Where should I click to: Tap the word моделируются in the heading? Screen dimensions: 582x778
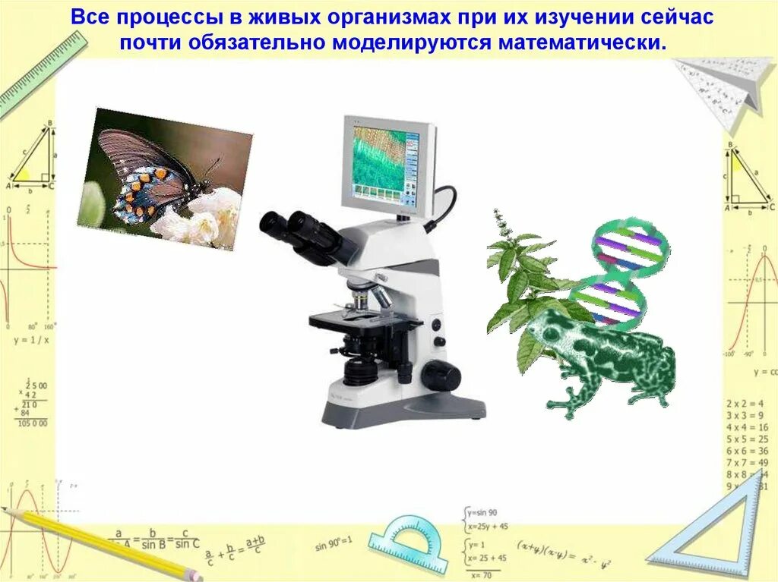click(411, 42)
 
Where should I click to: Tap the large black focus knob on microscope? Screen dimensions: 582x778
click(440, 375)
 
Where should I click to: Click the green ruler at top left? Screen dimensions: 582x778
click(34, 76)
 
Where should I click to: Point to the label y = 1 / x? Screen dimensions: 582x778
click(30, 340)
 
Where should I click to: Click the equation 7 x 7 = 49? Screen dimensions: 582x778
click(746, 462)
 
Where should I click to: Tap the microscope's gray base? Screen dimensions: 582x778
click(403, 410)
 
